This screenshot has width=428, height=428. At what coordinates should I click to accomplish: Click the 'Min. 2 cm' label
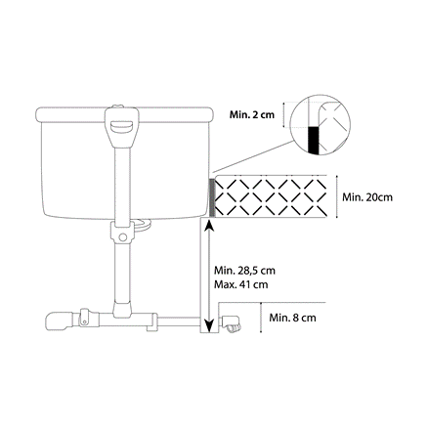click(x=252, y=114)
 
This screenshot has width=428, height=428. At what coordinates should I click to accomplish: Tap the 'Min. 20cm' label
click(x=367, y=197)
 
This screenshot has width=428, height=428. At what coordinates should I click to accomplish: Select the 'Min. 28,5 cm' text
click(x=244, y=271)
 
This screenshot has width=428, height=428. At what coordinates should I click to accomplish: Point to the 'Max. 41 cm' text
click(x=240, y=284)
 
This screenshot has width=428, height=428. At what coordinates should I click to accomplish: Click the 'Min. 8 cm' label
click(x=292, y=318)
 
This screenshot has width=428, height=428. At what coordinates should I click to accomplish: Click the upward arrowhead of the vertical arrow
click(x=209, y=227)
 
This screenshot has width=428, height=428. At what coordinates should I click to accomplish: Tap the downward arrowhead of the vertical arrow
click(x=209, y=325)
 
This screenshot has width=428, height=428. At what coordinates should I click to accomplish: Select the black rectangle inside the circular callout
click(x=313, y=140)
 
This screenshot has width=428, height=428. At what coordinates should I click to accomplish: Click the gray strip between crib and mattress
click(x=212, y=197)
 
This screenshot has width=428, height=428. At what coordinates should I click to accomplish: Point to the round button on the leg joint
click(x=123, y=237)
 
